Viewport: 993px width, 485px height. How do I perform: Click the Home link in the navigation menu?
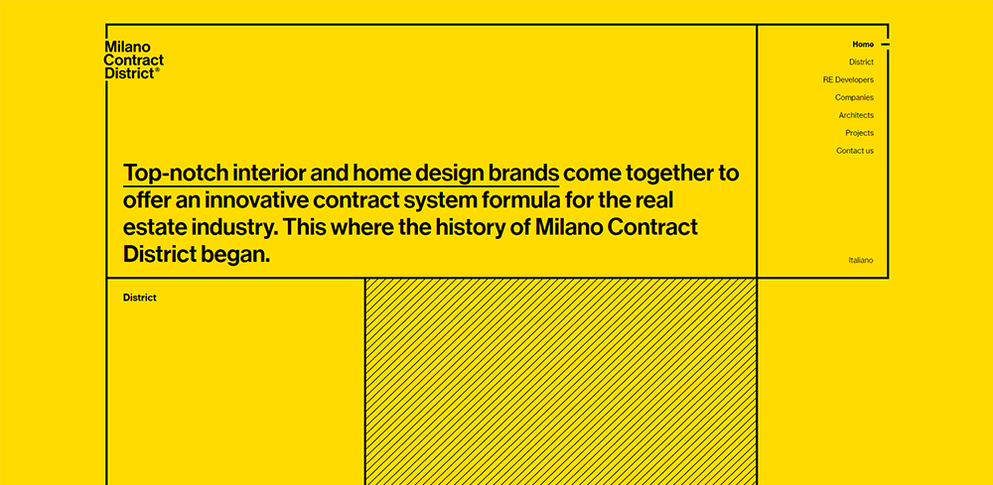(x=863, y=45)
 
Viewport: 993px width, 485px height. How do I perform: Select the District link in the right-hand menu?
(x=861, y=61)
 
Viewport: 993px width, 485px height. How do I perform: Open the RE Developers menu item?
(x=848, y=79)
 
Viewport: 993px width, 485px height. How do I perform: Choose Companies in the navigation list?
(x=854, y=97)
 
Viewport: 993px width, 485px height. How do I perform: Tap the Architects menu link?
(x=856, y=115)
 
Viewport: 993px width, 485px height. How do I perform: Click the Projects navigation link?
(x=859, y=133)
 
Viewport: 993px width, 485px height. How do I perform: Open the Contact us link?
(x=855, y=151)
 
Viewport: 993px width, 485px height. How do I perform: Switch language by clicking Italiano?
(x=861, y=260)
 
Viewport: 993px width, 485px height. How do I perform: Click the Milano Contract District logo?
(x=134, y=61)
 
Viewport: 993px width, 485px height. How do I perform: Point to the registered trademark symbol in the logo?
(x=158, y=70)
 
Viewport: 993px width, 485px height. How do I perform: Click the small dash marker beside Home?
(x=886, y=45)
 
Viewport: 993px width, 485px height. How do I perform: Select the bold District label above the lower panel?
(x=140, y=298)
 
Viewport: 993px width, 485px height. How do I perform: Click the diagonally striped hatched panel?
(x=560, y=381)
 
